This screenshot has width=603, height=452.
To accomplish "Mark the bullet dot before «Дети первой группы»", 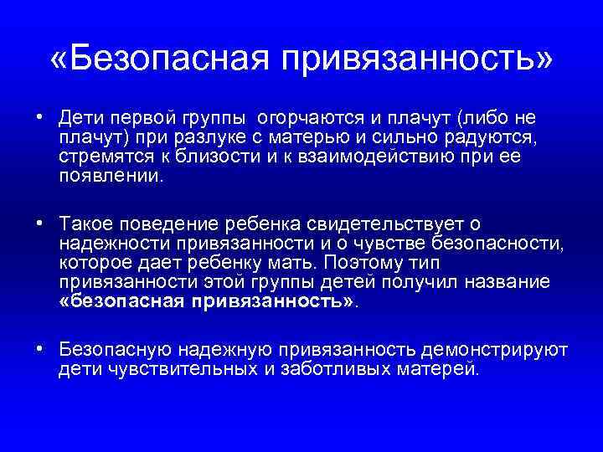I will [x=39, y=117].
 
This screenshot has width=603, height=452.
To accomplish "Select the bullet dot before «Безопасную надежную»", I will [x=39, y=349].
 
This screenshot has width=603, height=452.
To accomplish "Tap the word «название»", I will [x=511, y=282].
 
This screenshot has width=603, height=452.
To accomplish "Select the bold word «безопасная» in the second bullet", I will [x=123, y=301].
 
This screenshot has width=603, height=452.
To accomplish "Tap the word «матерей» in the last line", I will [x=444, y=367].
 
